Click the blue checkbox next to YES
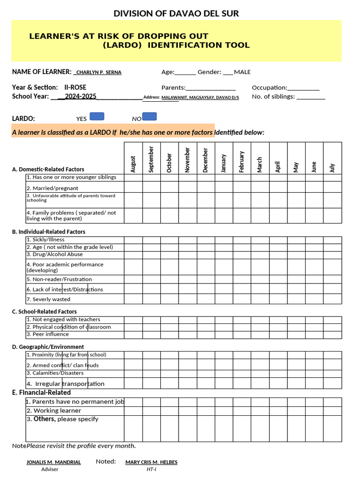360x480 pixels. (97, 117)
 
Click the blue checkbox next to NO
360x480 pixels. (149, 117)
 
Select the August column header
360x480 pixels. (133, 164)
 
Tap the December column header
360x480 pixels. (205, 160)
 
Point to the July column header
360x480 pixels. (332, 167)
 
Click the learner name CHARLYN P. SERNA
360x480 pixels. (98, 72)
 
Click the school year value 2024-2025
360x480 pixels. (80, 96)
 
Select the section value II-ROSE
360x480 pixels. (75, 87)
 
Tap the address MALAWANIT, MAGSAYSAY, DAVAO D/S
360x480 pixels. (200, 97)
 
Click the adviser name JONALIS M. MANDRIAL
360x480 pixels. (53, 462)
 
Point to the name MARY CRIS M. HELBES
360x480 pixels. (151, 462)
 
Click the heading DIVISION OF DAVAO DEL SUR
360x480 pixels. (176, 14)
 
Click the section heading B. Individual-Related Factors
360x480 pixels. (49, 232)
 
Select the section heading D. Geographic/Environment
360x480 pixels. (48, 347)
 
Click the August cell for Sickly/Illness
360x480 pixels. (133, 240)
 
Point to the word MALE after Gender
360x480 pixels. (242, 72)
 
